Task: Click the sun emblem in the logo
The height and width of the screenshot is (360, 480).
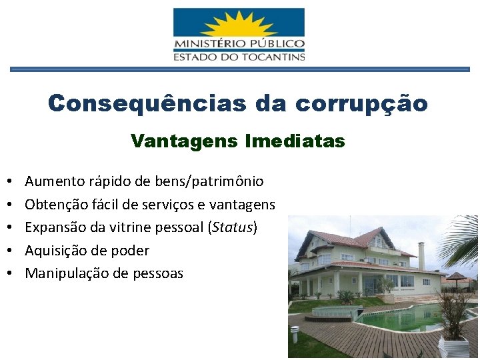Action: (x=238, y=25)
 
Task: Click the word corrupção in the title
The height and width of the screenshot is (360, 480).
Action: (x=361, y=103)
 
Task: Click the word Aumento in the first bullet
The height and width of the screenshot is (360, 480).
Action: (x=53, y=181)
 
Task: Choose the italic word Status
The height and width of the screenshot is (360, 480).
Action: (x=232, y=227)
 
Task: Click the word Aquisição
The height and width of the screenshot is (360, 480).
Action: (x=54, y=251)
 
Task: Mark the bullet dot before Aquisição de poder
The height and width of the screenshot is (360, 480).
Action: (x=12, y=251)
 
